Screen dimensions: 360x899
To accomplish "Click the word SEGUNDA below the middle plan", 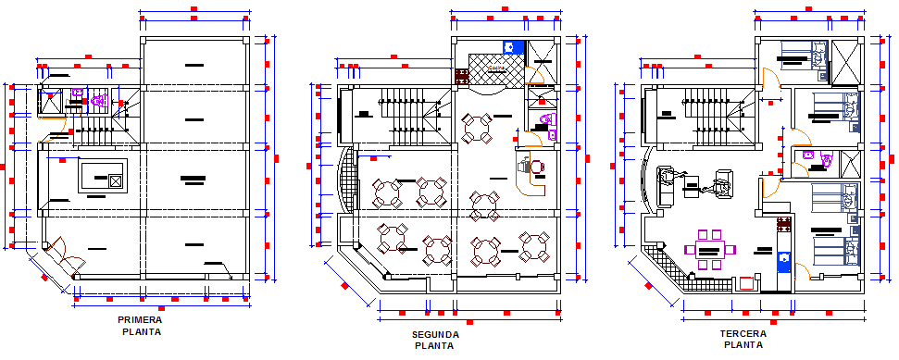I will (x=434, y=334).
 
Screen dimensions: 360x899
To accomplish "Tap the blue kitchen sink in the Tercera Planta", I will (x=782, y=263).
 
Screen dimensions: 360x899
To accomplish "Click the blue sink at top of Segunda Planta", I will (x=511, y=46).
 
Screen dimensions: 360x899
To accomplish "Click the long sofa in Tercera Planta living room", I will (x=665, y=186).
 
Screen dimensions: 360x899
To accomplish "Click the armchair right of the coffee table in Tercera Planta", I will (x=722, y=184).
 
